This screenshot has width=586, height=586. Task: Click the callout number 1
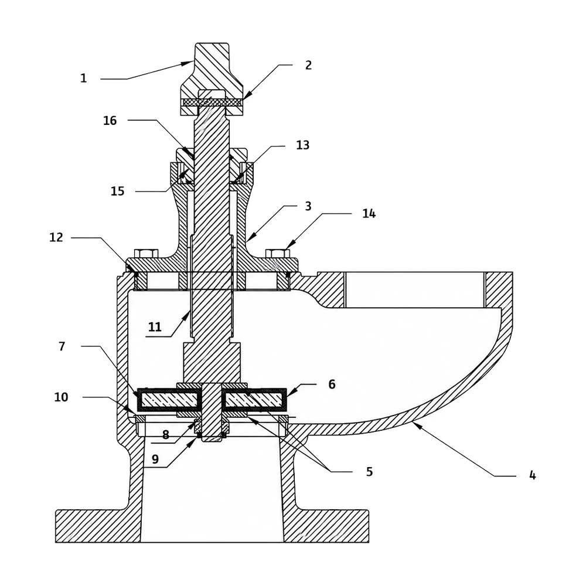coord(84,78)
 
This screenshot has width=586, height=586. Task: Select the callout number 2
coord(308,65)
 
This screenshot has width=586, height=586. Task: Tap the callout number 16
coord(110,120)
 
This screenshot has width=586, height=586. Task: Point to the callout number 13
coord(303,145)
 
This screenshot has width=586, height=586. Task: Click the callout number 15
coord(117,191)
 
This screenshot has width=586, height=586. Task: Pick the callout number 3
coord(308,206)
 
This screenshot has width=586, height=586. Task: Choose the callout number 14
coord(369,213)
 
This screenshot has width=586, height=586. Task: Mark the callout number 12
coord(56,237)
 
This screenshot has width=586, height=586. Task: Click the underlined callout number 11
coord(155,327)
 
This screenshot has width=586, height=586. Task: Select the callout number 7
coord(62,346)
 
